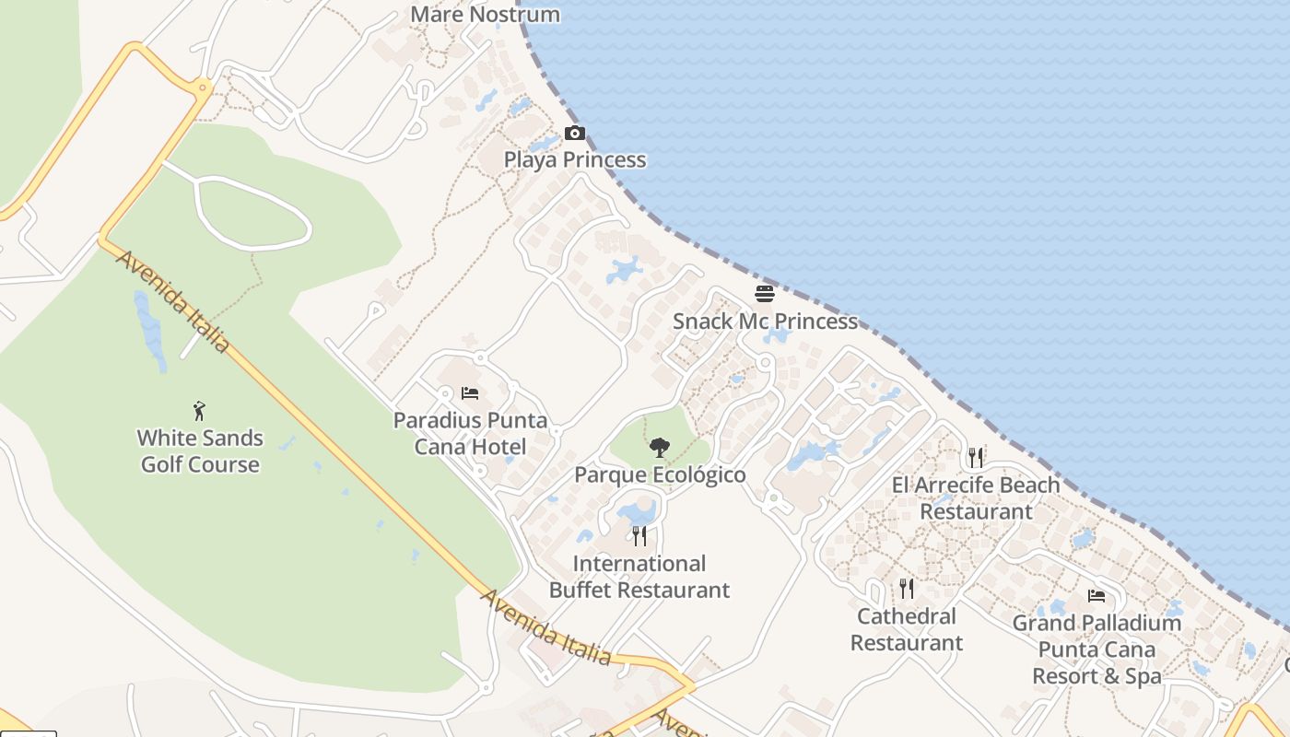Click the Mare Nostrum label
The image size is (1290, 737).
tap(485, 15)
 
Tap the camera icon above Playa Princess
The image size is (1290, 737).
tap(575, 134)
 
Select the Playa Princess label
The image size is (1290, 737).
tap(574, 160)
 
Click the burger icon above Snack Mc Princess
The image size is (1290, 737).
tap(765, 294)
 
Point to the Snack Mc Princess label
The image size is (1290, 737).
tap(765, 322)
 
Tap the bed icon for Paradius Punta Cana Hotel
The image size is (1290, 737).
tap(470, 393)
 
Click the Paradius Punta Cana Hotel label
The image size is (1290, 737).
tap(470, 434)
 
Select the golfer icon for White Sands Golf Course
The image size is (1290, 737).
tap(199, 411)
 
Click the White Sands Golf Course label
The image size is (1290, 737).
tap(200, 451)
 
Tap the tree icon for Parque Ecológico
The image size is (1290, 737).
tap(659, 449)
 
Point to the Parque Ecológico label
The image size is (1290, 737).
tap(660, 475)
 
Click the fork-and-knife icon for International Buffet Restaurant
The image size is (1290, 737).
tap(639, 536)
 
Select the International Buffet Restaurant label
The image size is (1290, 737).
tap(639, 577)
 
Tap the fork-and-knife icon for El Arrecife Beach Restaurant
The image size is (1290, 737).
tap(976, 457)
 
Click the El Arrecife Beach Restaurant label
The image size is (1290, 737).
tap(976, 497)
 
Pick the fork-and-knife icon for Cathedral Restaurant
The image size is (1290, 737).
tap(907, 588)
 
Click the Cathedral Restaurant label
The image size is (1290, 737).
tap(907, 629)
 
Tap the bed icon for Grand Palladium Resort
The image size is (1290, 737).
tap(1096, 596)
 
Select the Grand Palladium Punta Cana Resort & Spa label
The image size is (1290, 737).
tap(1096, 649)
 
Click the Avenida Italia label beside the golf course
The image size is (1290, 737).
tap(172, 301)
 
